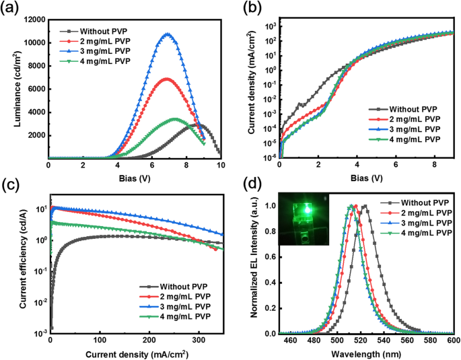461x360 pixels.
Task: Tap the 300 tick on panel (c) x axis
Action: pyautogui.click(x=200, y=342)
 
